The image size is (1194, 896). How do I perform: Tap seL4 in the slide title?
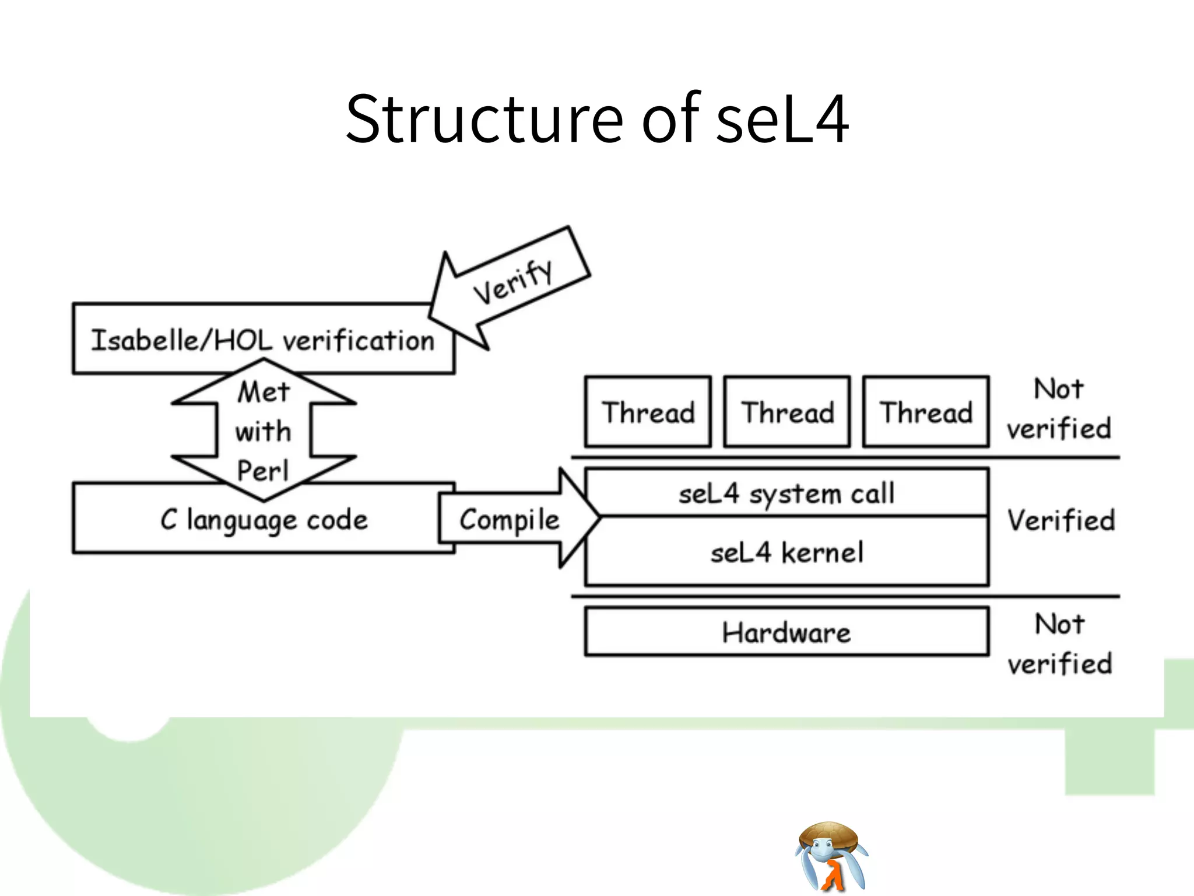[x=782, y=120]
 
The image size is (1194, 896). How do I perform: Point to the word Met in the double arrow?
[x=264, y=392]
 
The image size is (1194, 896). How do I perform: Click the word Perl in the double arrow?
[x=263, y=471]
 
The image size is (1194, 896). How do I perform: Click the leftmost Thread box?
[x=648, y=412]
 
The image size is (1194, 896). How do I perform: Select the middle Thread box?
[x=787, y=412]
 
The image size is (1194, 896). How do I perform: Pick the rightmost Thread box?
[x=926, y=412]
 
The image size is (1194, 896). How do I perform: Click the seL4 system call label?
[x=786, y=494]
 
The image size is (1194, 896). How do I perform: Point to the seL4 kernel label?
[x=786, y=552]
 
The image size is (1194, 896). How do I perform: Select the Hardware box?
[x=786, y=632]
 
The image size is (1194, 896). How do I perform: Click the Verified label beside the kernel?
[x=1060, y=520]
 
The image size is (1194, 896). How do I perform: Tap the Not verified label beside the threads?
[x=1059, y=408]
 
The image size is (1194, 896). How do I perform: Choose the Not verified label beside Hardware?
[x=1060, y=644]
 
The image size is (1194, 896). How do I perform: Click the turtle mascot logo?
[x=831, y=856]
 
